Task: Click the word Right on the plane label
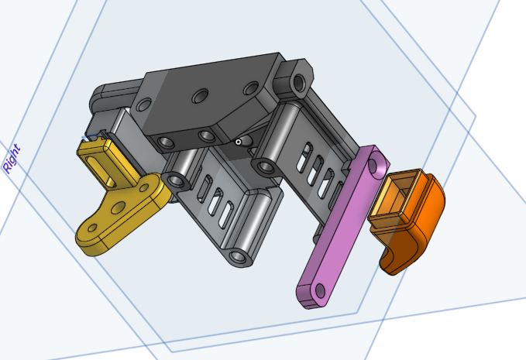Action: click(12, 159)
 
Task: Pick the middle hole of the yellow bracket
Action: click(119, 207)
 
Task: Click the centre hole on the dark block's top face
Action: click(200, 96)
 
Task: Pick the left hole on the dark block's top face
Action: click(143, 105)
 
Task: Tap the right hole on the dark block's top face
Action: click(250, 88)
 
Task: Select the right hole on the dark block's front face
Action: click(206, 136)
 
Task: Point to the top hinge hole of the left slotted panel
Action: click(177, 180)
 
